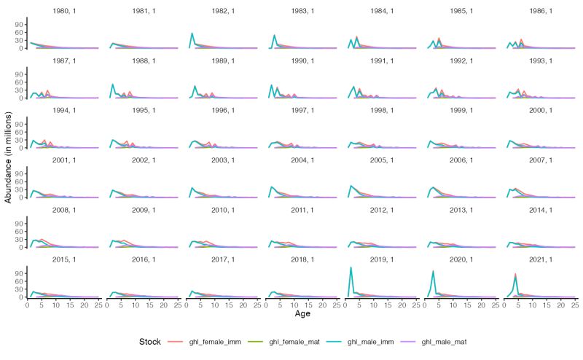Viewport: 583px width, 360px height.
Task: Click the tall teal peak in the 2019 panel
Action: click(x=351, y=267)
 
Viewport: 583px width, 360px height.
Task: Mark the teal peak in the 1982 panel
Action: click(x=192, y=34)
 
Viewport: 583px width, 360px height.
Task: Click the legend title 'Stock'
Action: click(x=149, y=341)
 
